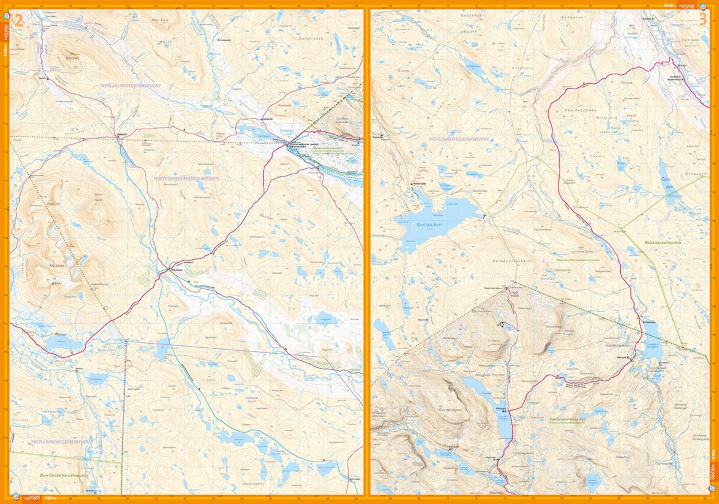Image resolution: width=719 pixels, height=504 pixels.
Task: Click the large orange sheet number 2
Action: coord(19,21)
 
